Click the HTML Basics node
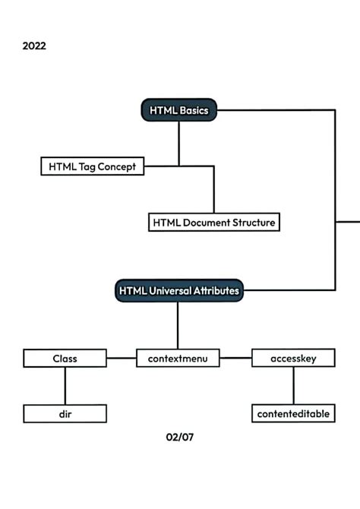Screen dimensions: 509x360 [179, 110]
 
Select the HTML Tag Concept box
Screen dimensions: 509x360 [92, 166]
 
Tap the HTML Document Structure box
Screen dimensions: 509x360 [213, 223]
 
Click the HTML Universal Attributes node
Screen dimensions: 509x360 [178, 290]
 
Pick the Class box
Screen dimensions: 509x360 [65, 358]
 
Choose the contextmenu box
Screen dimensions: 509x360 [178, 358]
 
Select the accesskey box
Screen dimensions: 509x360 [293, 358]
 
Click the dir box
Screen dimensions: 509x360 [65, 414]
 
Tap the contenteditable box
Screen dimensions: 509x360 [293, 414]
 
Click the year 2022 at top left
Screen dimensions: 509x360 [34, 46]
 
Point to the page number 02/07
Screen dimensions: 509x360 [179, 437]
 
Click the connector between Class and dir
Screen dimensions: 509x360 [65, 386]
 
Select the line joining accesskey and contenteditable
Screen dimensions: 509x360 [293, 386]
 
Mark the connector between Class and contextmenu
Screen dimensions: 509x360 [122, 358]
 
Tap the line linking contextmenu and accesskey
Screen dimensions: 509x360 [235, 357]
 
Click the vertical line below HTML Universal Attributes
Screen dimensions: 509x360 [178, 325]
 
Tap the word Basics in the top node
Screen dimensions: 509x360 [194, 110]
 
